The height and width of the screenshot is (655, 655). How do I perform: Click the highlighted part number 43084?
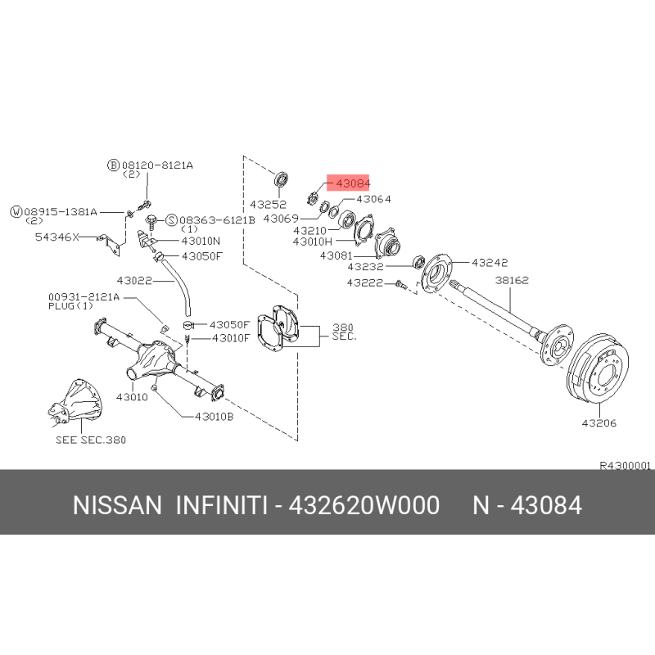coord(353,183)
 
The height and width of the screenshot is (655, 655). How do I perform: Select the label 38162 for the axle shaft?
coord(512,280)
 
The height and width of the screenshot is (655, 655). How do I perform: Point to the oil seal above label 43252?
coord(281,179)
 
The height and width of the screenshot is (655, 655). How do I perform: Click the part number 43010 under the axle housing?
coord(132,397)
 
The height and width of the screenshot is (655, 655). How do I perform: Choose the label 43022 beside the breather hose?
coord(134,281)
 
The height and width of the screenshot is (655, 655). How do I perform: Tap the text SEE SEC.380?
coord(91,440)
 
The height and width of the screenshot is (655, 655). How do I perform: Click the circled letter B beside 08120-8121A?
coord(113,165)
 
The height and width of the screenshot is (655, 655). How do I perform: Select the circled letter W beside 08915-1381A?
coord(16,212)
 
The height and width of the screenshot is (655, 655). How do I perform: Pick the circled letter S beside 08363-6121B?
coord(172,220)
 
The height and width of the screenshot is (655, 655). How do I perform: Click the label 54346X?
coord(56,237)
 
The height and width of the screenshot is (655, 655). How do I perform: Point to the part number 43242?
coord(490,263)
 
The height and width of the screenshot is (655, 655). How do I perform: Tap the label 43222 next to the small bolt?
coord(364,283)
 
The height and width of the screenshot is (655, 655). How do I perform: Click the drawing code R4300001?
coord(625,466)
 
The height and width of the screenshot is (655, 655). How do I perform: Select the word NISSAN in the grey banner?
coord(117,505)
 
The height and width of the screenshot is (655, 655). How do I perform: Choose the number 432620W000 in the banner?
coord(364,505)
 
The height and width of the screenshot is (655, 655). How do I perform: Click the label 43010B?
coord(215,417)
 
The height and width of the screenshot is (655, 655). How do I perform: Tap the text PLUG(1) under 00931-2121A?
coord(70,306)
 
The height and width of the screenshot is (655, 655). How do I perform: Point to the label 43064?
coord(374,199)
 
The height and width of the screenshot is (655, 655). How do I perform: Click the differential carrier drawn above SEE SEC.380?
coord(75,402)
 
